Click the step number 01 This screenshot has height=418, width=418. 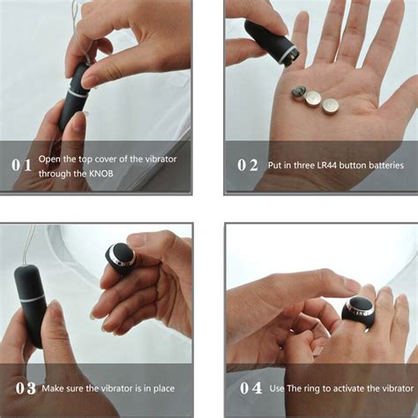pos(22,165)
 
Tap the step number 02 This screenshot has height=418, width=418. pos(249,165)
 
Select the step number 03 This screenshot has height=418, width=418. pos(25,389)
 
